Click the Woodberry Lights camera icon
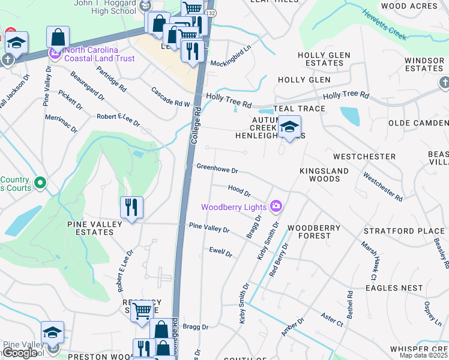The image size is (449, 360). click(x=276, y=207)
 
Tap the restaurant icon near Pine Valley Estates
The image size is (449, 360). click(x=131, y=208)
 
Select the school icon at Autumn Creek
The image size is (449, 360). click(x=289, y=127)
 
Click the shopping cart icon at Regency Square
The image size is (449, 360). click(x=142, y=311)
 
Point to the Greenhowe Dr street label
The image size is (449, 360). click(x=217, y=170)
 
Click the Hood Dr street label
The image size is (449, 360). click(x=239, y=190)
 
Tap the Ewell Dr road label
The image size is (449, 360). click(x=220, y=252)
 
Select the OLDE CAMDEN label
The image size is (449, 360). click(x=418, y=123)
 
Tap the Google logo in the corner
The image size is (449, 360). click(x=20, y=353)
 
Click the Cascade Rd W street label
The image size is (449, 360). click(x=170, y=96)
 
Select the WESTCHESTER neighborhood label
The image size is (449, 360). click(x=364, y=157)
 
